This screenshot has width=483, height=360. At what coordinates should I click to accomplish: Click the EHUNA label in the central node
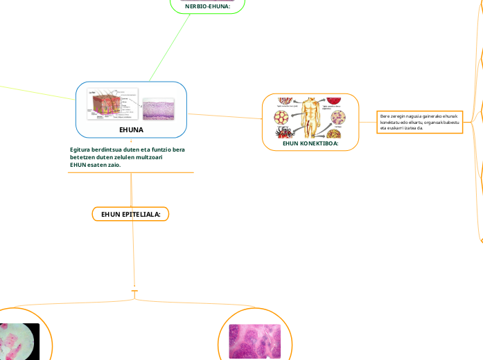click(131, 129)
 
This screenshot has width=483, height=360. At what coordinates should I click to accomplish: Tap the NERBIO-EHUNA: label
click(207, 6)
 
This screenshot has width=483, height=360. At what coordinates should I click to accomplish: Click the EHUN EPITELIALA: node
click(130, 215)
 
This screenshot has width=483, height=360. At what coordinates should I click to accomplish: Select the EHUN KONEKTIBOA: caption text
click(310, 144)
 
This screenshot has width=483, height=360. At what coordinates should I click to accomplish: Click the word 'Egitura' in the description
click(80, 150)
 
